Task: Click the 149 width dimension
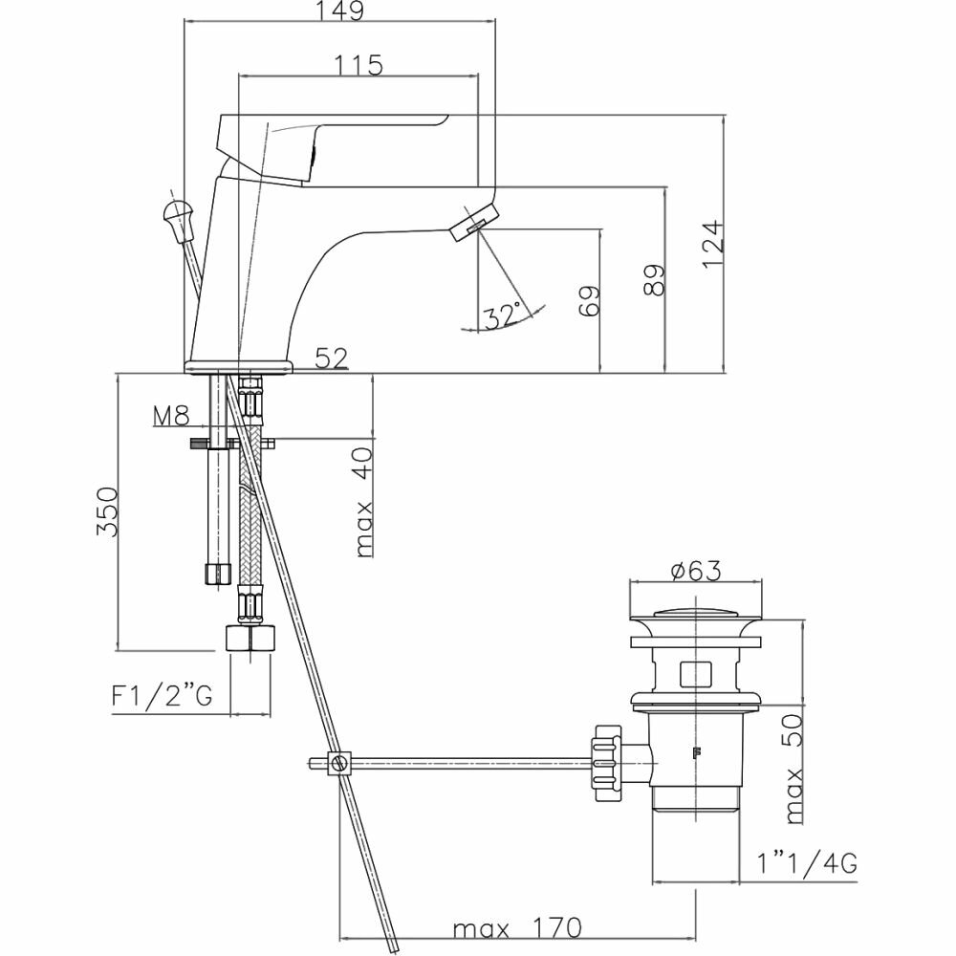tap(339, 12)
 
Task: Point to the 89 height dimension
tap(655, 280)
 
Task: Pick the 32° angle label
tap(503, 315)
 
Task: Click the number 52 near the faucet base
tap(332, 358)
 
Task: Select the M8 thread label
tap(172, 416)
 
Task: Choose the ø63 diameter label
tap(695, 572)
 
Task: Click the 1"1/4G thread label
tap(806, 864)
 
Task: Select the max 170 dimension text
tap(516, 928)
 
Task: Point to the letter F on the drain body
tap(697, 752)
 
